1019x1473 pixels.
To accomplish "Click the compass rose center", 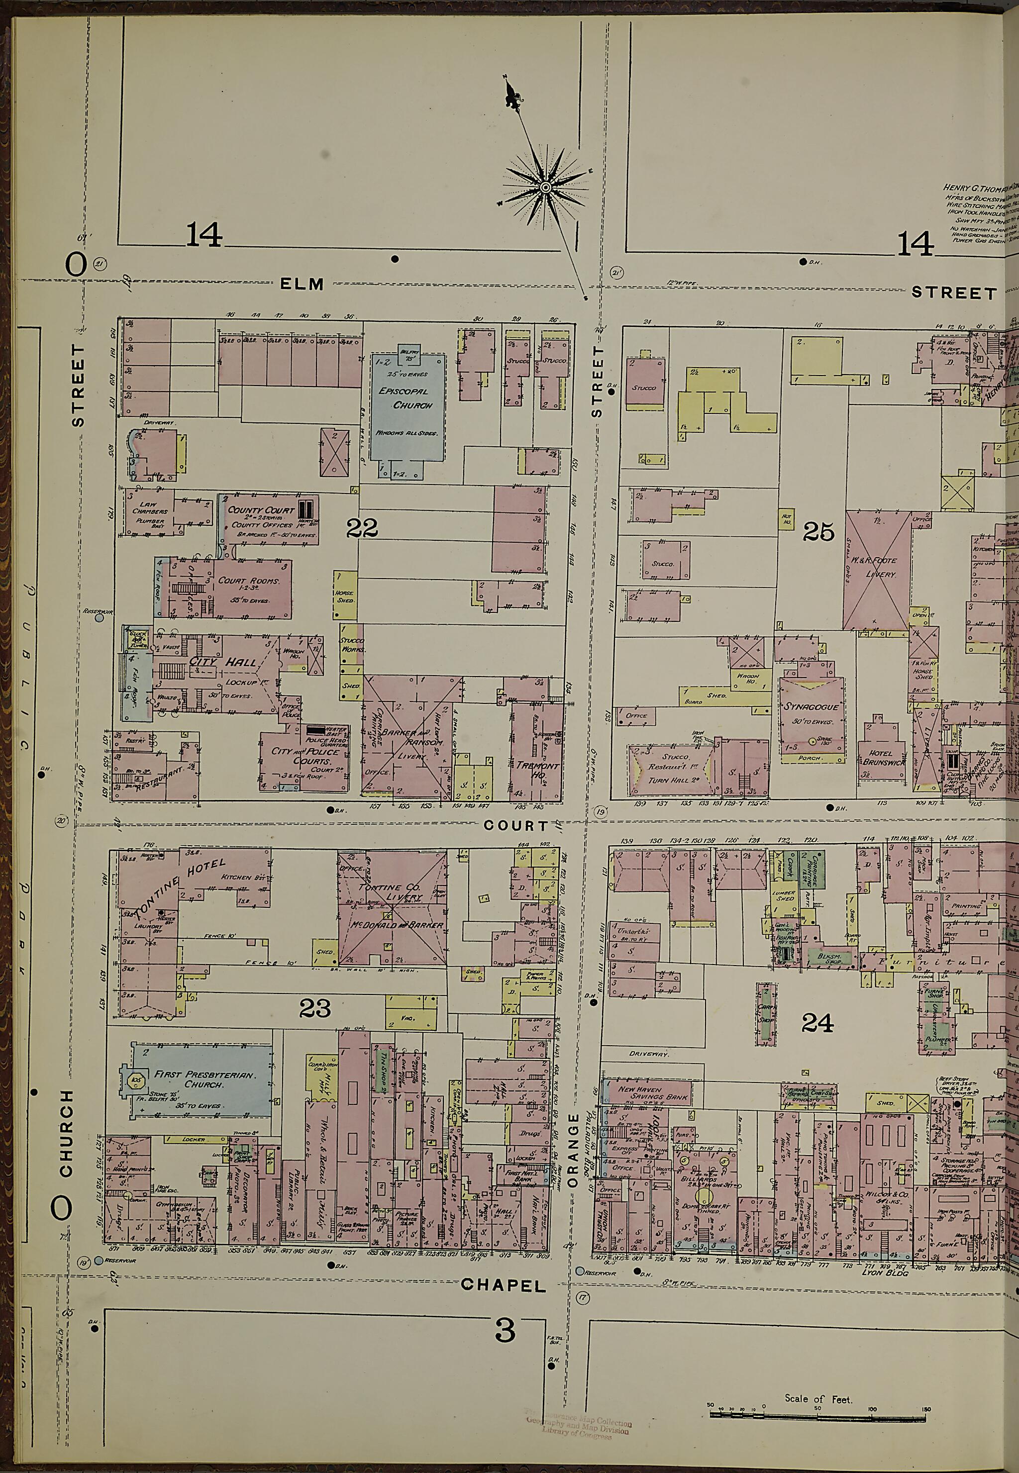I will click(545, 187).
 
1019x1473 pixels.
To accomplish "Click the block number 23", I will click(315, 1008).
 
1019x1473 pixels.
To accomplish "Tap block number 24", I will click(817, 1024).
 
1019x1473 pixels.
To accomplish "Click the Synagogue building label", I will click(811, 706).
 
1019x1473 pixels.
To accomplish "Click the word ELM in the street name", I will click(302, 285).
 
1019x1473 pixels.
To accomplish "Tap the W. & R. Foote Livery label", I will click(876, 568).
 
